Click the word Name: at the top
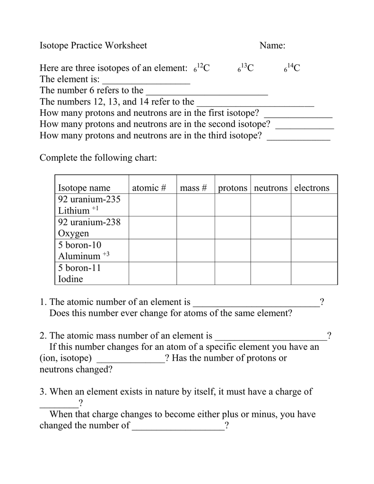tap(272, 45)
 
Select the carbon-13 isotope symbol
tap(245, 69)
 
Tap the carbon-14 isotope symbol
tap(292, 69)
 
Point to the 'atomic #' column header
tap(149, 188)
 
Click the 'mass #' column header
tap(194, 188)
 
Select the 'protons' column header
tap(233, 188)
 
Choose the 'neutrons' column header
tap(271, 188)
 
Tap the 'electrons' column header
tap(312, 188)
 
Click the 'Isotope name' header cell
tap(84, 188)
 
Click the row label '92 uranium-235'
tap(89, 199)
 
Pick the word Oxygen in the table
tap(73, 233)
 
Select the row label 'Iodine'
tap(70, 279)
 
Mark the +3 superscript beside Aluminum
tap(106, 254)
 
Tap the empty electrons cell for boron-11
tap(314, 273)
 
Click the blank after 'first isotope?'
tap(298, 114)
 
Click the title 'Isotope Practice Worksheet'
tap(93, 45)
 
